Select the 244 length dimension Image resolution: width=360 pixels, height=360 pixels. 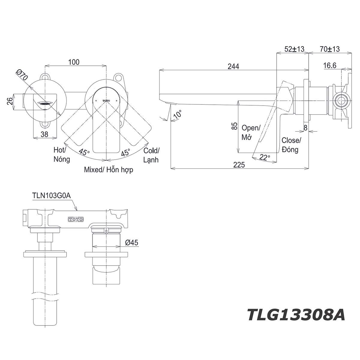click(233, 66)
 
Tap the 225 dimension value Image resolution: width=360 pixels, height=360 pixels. click(239, 165)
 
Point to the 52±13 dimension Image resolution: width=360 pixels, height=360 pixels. click(294, 49)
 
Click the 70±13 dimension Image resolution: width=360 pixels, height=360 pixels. click(330, 49)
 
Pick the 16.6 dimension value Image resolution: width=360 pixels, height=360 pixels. click(330, 65)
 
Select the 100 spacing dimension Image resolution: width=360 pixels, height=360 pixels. click(74, 62)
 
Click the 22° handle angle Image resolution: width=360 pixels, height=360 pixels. click(265, 157)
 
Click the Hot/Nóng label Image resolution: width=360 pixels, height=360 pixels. click(61, 154)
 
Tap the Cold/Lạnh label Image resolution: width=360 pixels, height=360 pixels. click(151, 155)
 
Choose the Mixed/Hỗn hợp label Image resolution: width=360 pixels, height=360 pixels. click(108, 170)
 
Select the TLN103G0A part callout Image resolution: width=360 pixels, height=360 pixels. click(51, 196)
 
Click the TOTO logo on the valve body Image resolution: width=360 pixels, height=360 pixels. click(76, 219)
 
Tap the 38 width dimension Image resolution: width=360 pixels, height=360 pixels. click(44, 134)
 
